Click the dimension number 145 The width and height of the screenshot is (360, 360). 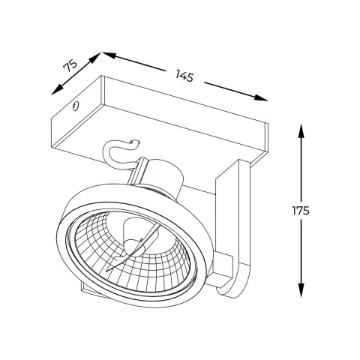pos(184,75)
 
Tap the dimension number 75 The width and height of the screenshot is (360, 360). pos(71,66)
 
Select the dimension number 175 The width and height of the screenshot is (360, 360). pos(301,211)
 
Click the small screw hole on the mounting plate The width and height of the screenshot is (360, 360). pos(76,107)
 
